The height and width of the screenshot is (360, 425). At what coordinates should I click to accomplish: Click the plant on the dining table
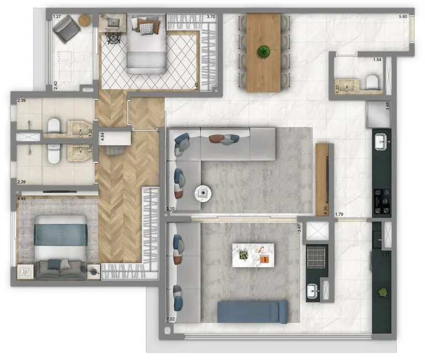[x=264, y=52]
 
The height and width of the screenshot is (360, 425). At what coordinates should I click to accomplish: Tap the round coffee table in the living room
[x=204, y=193]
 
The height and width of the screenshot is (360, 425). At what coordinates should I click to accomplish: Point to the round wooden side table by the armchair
[x=84, y=20]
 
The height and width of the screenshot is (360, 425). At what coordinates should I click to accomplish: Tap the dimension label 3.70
[x=210, y=17]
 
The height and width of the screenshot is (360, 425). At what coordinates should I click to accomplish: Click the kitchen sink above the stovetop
[x=382, y=142]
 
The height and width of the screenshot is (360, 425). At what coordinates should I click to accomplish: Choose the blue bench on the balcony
[x=252, y=311]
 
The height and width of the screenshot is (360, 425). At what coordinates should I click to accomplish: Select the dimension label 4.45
[x=22, y=198]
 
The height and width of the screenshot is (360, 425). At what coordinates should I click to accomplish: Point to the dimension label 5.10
[x=170, y=209]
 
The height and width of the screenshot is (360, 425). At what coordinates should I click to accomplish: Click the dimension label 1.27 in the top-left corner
[x=57, y=17]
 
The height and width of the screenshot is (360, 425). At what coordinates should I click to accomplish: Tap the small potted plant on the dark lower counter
[x=381, y=292]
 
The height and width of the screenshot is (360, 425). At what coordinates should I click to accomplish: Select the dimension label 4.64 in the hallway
[x=102, y=136]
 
